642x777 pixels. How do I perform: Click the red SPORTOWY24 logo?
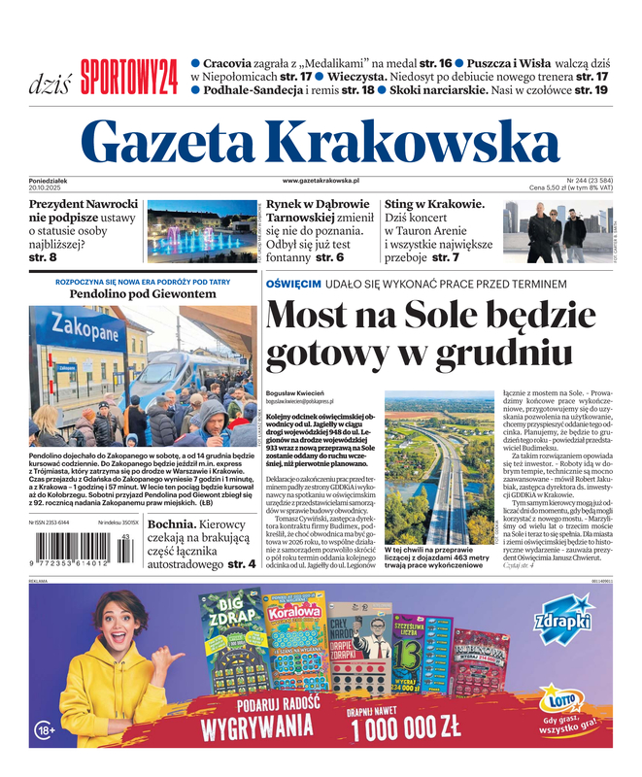click(128, 77)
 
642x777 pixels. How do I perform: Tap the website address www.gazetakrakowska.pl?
click(321, 181)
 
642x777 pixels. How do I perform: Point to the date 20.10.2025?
click(47, 187)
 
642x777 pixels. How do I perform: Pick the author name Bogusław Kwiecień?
click(294, 392)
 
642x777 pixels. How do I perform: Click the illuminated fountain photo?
click(201, 231)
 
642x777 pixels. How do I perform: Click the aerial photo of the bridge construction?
click(437, 466)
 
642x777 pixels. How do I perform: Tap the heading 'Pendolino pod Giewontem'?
click(143, 292)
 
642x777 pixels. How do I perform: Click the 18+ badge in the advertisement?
click(46, 728)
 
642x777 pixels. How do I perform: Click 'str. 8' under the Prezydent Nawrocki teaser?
click(43, 257)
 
